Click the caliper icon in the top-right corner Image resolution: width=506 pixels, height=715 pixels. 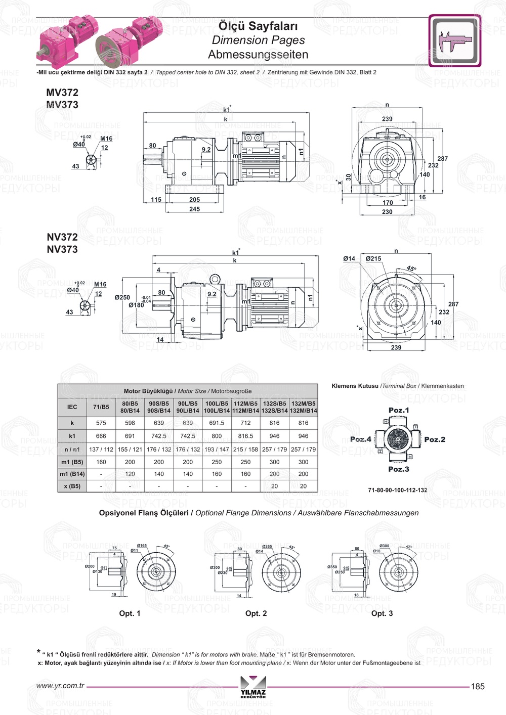(454, 41)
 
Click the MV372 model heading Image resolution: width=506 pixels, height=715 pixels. (62, 93)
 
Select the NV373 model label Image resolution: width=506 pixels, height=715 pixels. (62, 249)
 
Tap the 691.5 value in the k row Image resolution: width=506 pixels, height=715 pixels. (217, 423)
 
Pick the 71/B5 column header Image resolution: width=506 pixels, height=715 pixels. (101, 407)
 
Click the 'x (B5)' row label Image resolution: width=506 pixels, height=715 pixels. (72, 486)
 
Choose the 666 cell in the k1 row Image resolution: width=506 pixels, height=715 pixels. (101, 436)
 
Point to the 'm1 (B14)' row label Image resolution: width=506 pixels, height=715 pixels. (72, 474)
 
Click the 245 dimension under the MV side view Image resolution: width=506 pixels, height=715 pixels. (194, 209)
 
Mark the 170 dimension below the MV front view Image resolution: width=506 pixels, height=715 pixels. (388, 203)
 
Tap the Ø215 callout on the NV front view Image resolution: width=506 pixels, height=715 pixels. (373, 259)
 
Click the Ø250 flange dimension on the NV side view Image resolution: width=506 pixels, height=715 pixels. (122, 298)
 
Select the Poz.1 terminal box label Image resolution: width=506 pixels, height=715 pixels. (399, 410)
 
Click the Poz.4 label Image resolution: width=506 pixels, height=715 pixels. (361, 439)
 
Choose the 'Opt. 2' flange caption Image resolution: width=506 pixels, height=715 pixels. (256, 613)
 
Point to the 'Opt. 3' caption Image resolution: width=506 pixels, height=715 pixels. (382, 613)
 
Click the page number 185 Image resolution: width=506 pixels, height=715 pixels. (478, 687)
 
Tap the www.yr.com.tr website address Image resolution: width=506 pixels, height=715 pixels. (60, 686)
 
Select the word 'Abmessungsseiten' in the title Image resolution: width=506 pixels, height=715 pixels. (258, 55)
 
